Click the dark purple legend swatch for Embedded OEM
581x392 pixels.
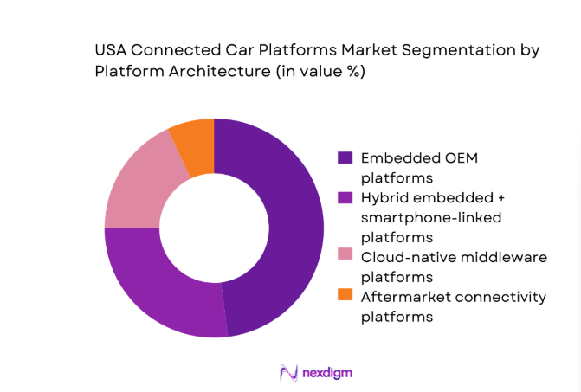[x=344, y=158]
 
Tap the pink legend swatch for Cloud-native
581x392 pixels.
[x=344, y=257]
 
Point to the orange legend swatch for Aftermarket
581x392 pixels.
[x=344, y=297]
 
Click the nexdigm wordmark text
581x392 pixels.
[x=328, y=372]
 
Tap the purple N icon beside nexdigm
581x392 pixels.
[x=288, y=372]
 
